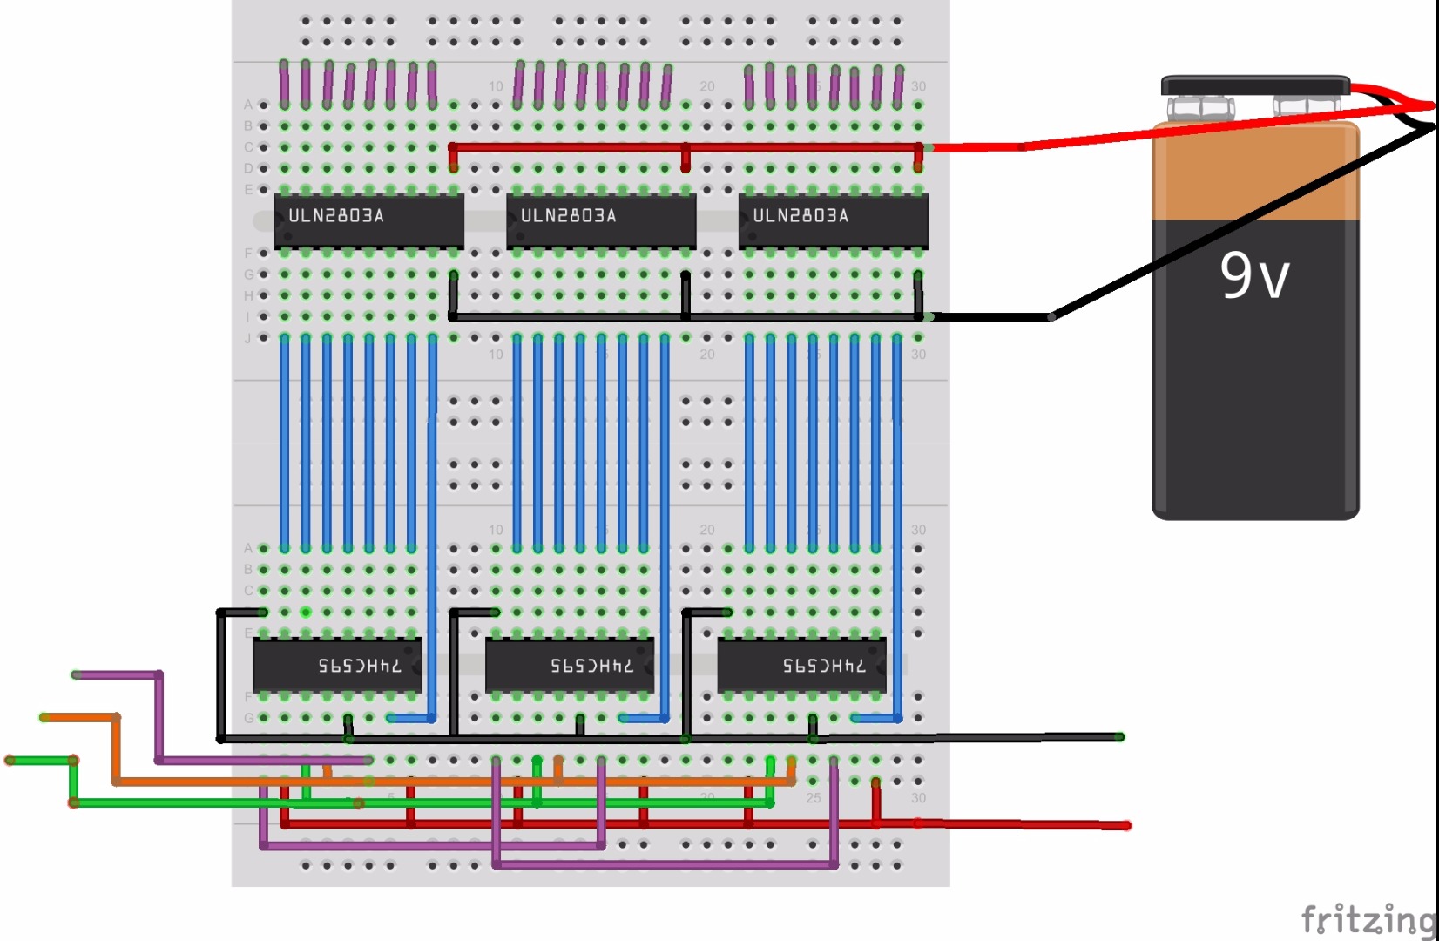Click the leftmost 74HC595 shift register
click(x=337, y=665)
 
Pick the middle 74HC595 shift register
click(x=569, y=665)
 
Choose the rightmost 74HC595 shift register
click(x=801, y=665)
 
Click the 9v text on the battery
click(x=1253, y=276)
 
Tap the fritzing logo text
click(x=1368, y=919)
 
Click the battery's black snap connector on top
click(x=1254, y=85)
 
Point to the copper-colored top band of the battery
click(x=1254, y=174)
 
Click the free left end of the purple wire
click(x=77, y=674)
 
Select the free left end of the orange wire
click(x=44, y=717)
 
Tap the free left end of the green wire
click(x=10, y=760)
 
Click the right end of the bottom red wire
click(x=1126, y=825)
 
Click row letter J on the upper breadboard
click(x=248, y=338)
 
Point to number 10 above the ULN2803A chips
click(x=496, y=86)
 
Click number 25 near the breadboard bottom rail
click(x=813, y=798)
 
